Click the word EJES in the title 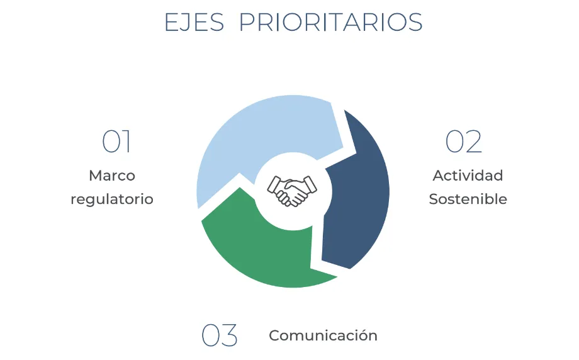194,22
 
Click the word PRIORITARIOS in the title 331,22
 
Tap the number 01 116,141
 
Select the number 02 464,141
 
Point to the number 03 220,335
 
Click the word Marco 112,176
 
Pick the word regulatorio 112,200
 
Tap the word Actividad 468,176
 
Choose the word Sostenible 468,199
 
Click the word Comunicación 323,335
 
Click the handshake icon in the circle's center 292,191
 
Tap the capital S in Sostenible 434,199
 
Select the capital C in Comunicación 275,335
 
